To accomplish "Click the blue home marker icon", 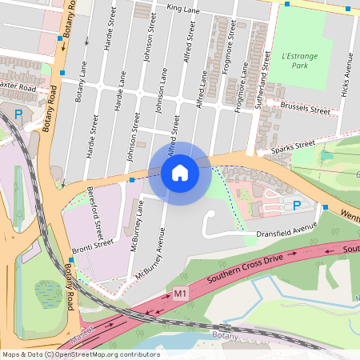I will pos(179,172).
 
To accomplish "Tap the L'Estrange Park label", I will pos(299,61).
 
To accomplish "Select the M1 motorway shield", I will pos(180,294).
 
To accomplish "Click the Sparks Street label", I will pos(294,146).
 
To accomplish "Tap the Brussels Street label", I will pos(306,109).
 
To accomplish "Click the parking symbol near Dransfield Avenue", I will pos(298,206).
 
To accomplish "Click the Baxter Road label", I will pos(19,86).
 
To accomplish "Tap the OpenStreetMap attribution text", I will pos(81,354).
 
